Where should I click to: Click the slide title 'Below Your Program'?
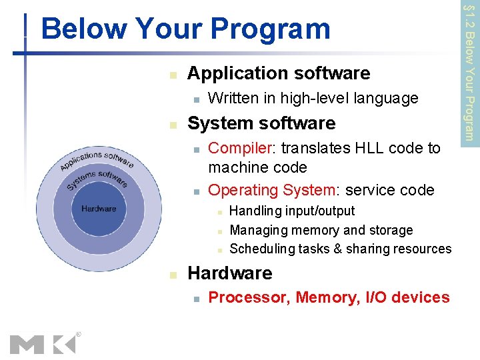click(185, 29)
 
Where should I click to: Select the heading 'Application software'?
click(279, 73)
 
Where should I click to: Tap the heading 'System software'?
click(261, 123)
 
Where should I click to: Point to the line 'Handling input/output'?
click(292, 211)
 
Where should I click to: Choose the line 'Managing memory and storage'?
click(321, 230)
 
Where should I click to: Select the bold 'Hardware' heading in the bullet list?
click(230, 273)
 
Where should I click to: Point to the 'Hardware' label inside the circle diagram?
click(99, 209)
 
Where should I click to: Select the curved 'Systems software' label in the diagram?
click(97, 179)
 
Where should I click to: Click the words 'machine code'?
click(257, 167)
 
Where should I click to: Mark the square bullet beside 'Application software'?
click(173, 75)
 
